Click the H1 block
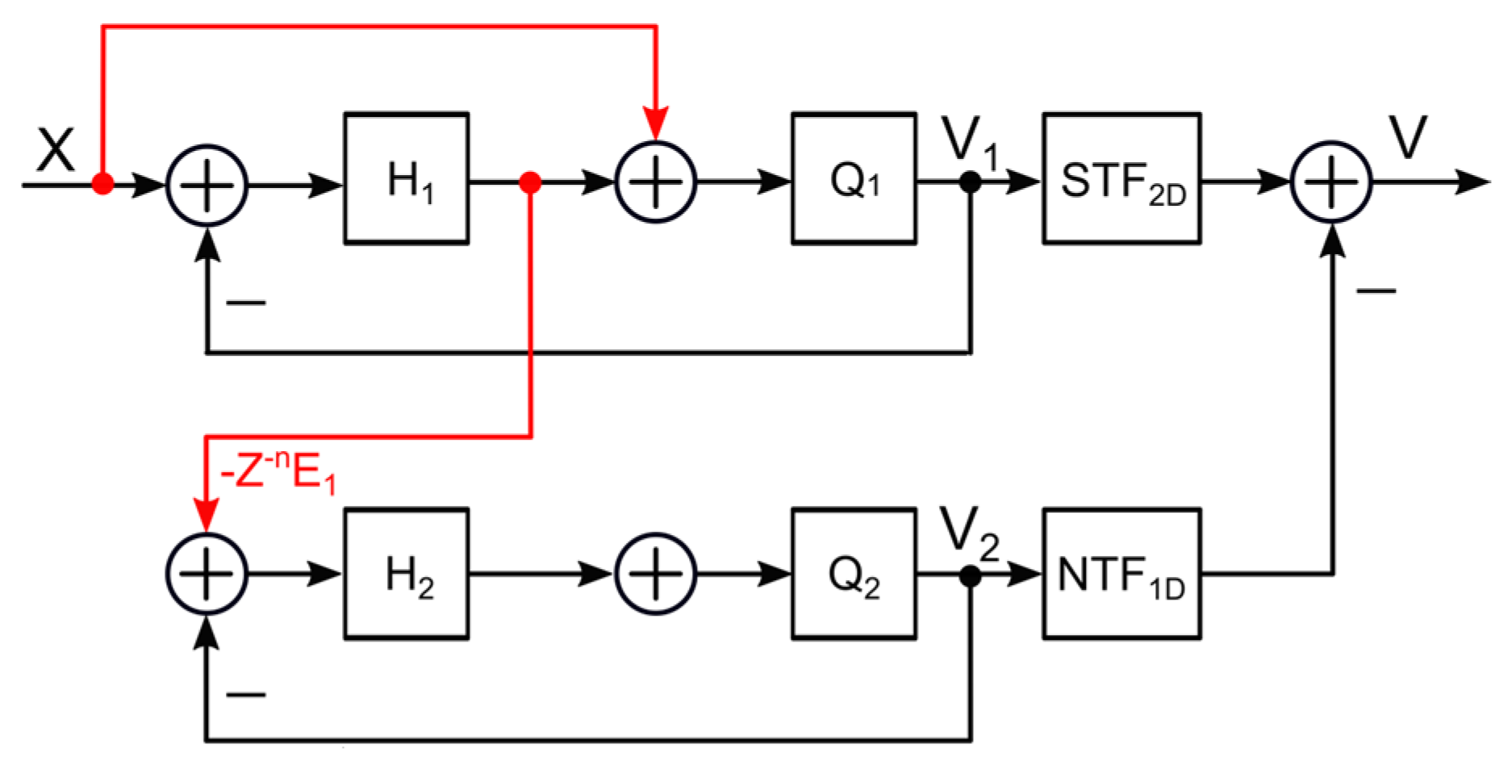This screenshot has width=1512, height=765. click(x=407, y=178)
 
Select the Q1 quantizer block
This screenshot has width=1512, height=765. click(x=854, y=178)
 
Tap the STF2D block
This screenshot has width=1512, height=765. click(x=1121, y=178)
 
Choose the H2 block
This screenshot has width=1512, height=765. click(x=407, y=574)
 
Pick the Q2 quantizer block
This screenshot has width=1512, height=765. click(x=854, y=574)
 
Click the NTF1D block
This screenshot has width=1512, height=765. click(x=1121, y=574)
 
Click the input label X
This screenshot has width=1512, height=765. click(x=56, y=150)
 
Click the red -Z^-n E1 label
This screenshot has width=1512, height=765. click(x=278, y=472)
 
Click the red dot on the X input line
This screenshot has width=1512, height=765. click(x=102, y=184)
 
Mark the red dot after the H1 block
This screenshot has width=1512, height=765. click(x=530, y=183)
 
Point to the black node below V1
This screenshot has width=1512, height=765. click(x=971, y=182)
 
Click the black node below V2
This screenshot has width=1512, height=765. click(x=971, y=576)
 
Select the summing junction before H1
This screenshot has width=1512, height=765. click(x=207, y=185)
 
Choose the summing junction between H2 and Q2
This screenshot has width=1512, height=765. click(x=655, y=574)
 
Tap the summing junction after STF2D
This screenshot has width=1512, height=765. click(x=1331, y=182)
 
